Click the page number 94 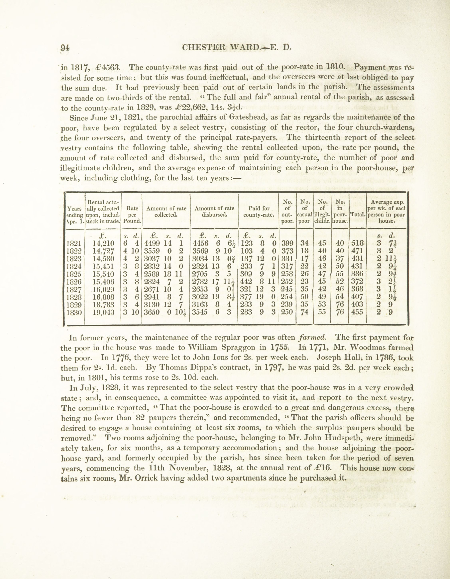(65, 47)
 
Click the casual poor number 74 (305, 312)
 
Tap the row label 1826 (74, 282)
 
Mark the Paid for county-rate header (259, 211)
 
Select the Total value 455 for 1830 (357, 312)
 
